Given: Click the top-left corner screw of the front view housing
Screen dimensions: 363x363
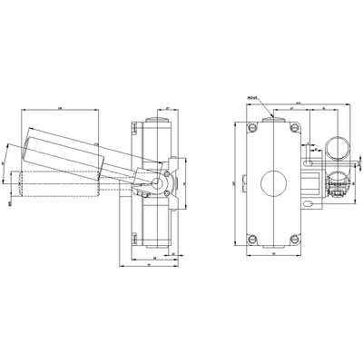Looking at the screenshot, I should point(252,128).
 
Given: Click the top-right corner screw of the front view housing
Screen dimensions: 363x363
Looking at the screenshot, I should point(293,128).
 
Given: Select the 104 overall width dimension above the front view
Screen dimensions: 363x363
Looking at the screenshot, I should point(299,103).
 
